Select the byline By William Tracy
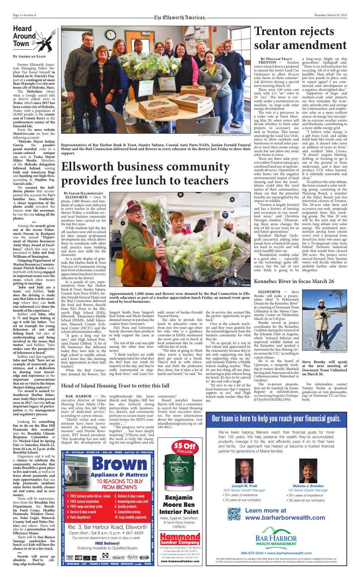276,59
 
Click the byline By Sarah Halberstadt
80,193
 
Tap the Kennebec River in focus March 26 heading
294,281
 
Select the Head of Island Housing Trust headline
115,386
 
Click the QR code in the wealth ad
234,514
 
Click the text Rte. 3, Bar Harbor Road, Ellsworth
108,527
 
